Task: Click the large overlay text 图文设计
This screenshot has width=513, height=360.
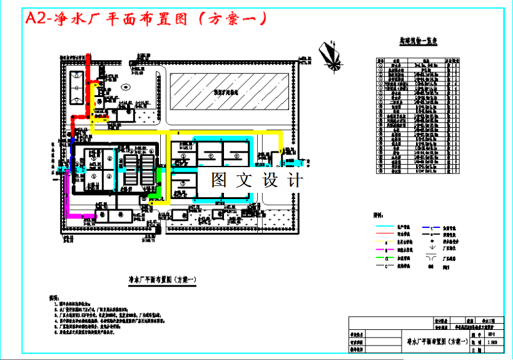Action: [257, 180]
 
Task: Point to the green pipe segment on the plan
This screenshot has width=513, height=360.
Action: [160, 182]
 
